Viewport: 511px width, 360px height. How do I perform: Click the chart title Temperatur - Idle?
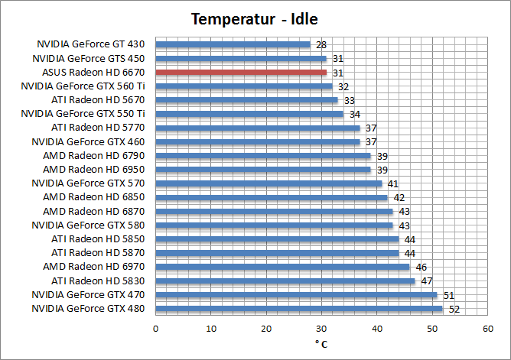[x=255, y=18]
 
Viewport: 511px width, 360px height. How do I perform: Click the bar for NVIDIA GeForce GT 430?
[x=233, y=44]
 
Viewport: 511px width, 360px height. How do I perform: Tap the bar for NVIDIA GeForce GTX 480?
[x=299, y=309]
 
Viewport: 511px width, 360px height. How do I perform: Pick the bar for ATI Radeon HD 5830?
[x=285, y=281]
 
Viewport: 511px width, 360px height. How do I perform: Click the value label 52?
[x=454, y=309]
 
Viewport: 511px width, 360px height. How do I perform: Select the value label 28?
[x=321, y=44]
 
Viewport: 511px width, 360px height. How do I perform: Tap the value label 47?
[x=427, y=281]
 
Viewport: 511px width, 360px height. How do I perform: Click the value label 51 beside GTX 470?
[x=449, y=295]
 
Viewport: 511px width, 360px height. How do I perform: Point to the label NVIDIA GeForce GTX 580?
[x=88, y=225]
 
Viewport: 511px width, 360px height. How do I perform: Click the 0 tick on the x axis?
[x=156, y=328]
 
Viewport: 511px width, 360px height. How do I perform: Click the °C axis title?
[x=321, y=344]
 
